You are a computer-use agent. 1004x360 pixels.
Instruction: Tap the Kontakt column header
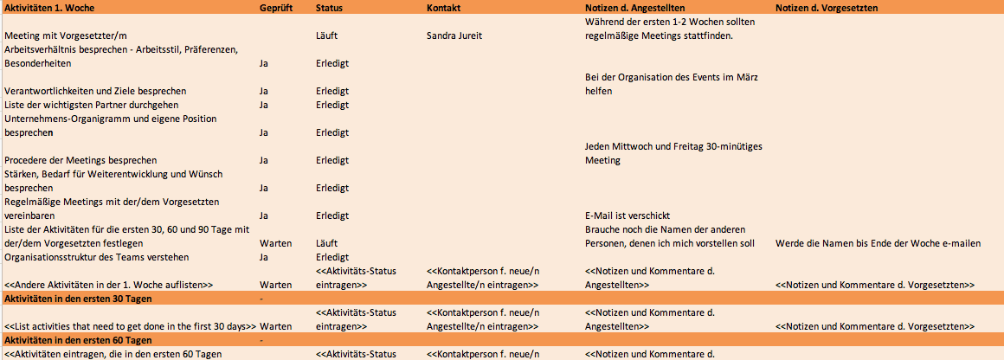coord(444,7)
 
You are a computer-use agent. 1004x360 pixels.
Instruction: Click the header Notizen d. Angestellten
coord(641,7)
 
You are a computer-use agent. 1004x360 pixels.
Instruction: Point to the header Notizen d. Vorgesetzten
coord(827,7)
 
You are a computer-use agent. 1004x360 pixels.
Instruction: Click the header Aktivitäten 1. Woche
coord(50,7)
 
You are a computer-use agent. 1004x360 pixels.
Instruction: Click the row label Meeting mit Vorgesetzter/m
coord(66,36)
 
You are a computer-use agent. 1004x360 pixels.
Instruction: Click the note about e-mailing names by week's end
coord(878,243)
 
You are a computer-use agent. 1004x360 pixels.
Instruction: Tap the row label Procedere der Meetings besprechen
coord(80,160)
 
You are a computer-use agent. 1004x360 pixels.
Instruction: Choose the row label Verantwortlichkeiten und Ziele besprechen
coord(95,91)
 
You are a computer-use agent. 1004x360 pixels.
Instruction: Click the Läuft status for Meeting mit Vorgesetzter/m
coord(326,36)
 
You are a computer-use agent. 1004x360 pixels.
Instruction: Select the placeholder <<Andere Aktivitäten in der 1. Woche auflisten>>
coord(109,285)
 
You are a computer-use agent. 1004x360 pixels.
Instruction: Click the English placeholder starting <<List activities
coord(130,326)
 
